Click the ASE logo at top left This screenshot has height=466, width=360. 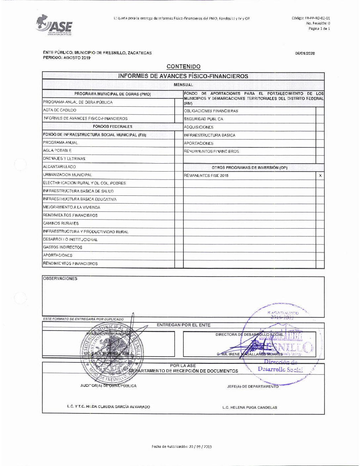[x=54, y=25]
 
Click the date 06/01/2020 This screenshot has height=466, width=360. [x=305, y=53]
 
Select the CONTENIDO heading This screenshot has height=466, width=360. [x=183, y=67]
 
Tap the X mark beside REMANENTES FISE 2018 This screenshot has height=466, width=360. [x=320, y=176]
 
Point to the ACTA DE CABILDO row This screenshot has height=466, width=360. [x=60, y=110]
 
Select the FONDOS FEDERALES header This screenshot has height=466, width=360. [x=112, y=127]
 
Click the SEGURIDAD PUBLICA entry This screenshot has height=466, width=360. [x=203, y=119]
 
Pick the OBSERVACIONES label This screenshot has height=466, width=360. [x=60, y=279]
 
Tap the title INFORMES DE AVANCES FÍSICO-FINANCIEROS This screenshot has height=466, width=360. [x=183, y=76]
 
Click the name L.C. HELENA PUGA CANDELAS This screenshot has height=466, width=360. [x=249, y=407]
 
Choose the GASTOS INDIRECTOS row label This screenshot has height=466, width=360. [x=63, y=247]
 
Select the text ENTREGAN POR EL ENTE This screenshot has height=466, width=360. [x=183, y=325]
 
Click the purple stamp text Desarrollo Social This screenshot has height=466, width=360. [x=280, y=369]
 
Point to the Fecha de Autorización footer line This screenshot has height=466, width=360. [x=181, y=446]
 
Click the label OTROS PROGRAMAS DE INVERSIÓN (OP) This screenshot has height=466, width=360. [x=249, y=168]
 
